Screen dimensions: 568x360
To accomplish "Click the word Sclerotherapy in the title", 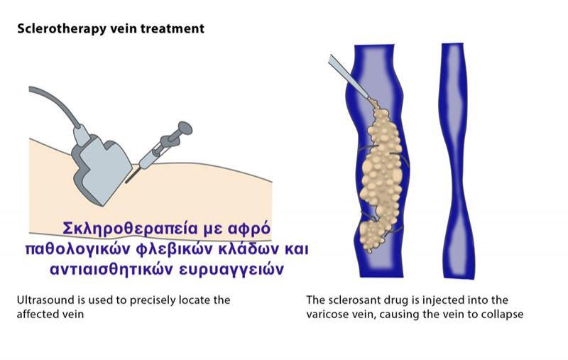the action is click(x=62, y=28).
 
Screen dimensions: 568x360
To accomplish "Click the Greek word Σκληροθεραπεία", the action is click(x=131, y=229).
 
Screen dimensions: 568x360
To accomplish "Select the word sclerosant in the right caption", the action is click(x=353, y=300).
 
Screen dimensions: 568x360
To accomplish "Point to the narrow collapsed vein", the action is click(x=458, y=160).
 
